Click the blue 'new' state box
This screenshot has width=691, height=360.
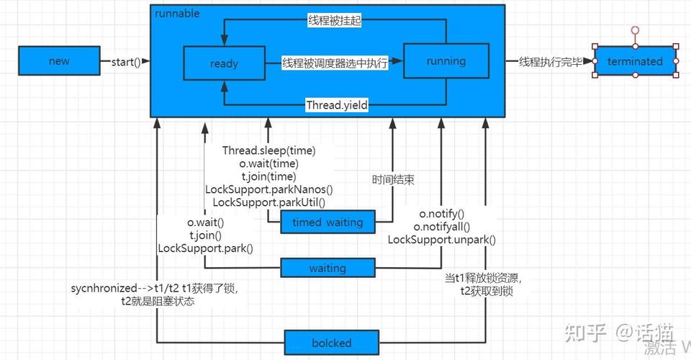click(x=59, y=61)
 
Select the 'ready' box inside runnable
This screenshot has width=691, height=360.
click(x=224, y=63)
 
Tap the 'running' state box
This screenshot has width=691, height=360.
click(x=446, y=61)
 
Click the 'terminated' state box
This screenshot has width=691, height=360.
click(x=635, y=61)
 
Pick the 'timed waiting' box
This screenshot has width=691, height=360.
click(x=328, y=222)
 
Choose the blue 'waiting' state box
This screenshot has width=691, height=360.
click(x=328, y=269)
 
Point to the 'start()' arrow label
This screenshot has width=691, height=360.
click(x=126, y=61)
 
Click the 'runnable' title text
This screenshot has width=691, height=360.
click(x=177, y=14)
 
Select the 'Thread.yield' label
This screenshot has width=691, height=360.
click(x=337, y=105)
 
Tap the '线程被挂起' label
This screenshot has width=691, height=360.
click(x=334, y=21)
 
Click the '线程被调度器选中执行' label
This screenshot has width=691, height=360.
click(x=335, y=63)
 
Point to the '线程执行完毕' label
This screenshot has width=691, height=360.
click(x=551, y=61)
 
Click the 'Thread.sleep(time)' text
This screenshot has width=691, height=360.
click(x=268, y=150)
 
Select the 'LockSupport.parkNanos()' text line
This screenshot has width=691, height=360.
click(x=268, y=189)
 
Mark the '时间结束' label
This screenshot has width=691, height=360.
click(x=393, y=180)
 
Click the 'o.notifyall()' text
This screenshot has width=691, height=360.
click(x=442, y=227)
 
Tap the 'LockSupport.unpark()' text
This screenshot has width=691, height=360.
click(x=442, y=240)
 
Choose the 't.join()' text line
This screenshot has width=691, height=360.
click(x=205, y=235)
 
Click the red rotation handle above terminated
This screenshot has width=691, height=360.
click(x=635, y=30)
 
